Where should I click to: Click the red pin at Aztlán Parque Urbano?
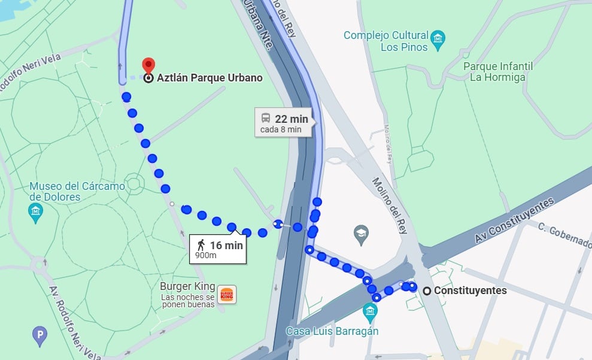coord(148,65)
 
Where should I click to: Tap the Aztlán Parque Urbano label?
coord(210,78)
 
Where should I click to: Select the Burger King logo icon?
coord(227,294)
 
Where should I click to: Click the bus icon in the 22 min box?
coord(265,118)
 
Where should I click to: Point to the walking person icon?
coord(201,244)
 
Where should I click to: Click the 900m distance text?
coord(206,256)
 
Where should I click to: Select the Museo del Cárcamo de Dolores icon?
coord(36,211)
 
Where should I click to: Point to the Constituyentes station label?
coord(470,291)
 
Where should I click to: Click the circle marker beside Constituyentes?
coord(427,291)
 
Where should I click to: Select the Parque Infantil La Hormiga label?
coord(497,71)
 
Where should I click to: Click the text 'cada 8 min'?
coord(281,129)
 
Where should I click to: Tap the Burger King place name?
coord(187,286)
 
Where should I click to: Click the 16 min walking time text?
coord(226,244)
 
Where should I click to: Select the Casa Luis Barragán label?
coord(332,331)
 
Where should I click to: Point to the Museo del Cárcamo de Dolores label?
coord(77,191)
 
